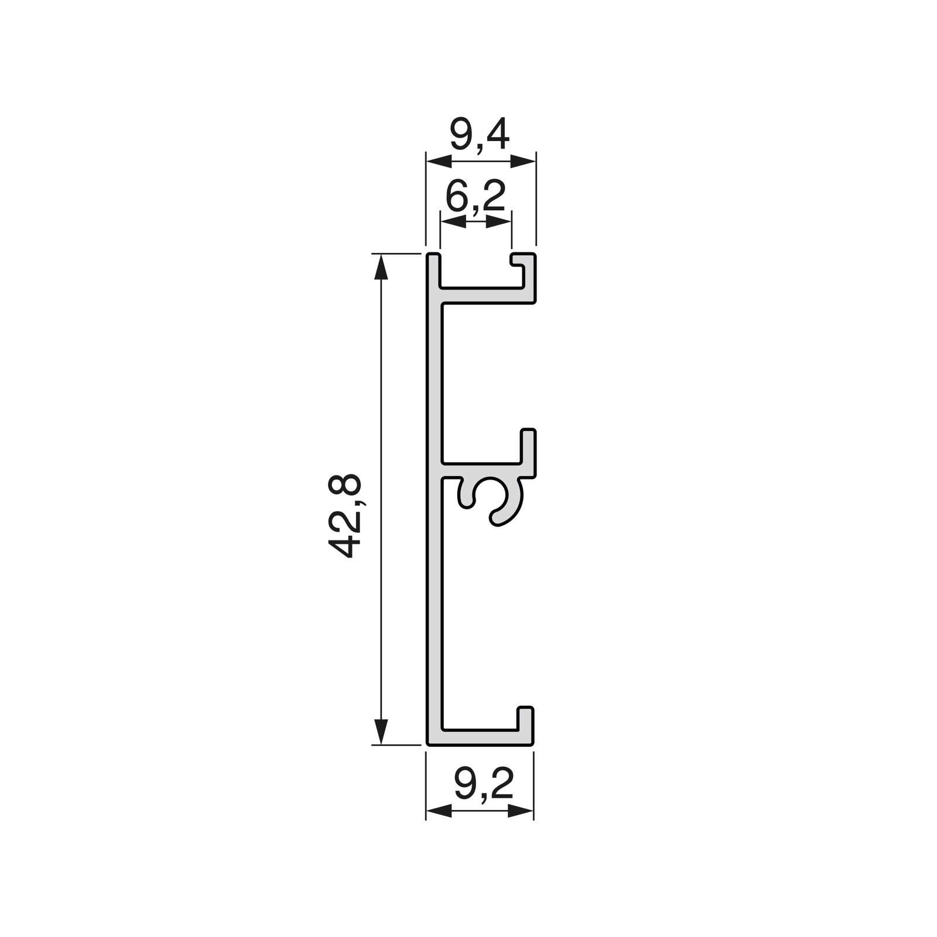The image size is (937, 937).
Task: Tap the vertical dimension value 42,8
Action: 345,516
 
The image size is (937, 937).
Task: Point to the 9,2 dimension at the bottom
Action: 484,785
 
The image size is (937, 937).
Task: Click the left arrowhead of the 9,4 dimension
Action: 439,161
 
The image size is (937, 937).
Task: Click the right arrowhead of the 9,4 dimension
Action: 522,161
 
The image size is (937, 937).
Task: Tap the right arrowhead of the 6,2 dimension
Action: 498,221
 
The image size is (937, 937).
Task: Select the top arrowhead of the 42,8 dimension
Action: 381,266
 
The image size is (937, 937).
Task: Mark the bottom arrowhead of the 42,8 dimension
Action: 381,731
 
